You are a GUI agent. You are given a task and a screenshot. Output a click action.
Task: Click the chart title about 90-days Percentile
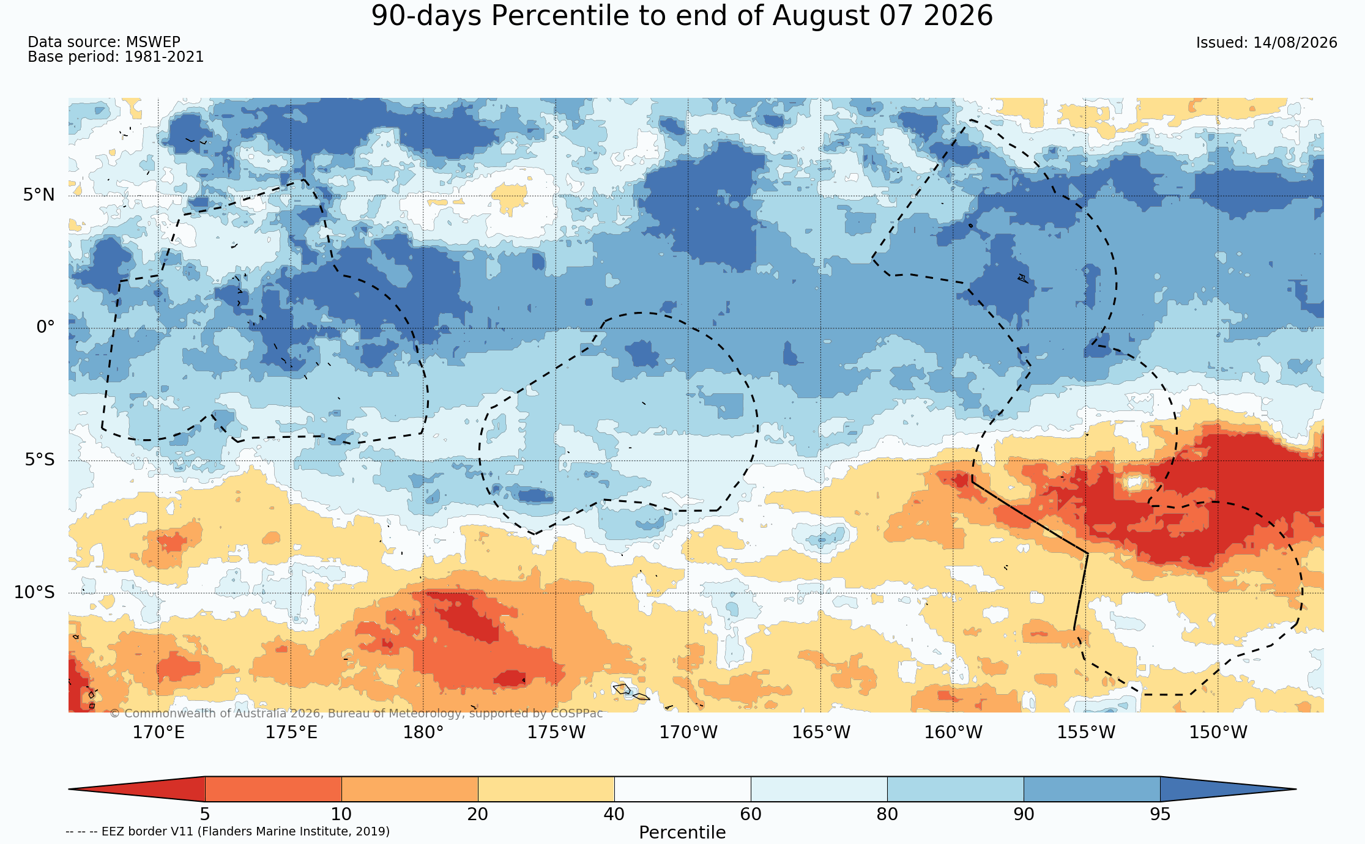click(682, 16)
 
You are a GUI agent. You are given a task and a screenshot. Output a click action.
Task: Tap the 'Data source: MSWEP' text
click(104, 42)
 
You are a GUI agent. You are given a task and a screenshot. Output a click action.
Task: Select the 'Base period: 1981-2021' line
click(116, 57)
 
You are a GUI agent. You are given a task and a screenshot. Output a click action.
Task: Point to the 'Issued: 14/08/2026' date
click(1266, 43)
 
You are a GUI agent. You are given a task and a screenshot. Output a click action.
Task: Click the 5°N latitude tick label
click(39, 195)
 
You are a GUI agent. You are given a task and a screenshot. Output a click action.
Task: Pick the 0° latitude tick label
click(46, 327)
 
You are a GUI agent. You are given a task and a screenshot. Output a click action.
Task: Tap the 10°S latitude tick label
click(34, 592)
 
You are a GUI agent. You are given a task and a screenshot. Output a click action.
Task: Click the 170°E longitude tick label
click(158, 732)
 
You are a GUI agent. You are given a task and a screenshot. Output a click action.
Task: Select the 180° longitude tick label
click(423, 732)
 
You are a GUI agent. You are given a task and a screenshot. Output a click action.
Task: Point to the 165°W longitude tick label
click(821, 732)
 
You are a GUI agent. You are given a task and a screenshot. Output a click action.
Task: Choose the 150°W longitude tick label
click(1218, 732)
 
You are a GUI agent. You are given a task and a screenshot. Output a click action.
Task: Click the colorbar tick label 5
click(205, 815)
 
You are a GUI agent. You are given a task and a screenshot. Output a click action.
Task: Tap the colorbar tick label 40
click(614, 815)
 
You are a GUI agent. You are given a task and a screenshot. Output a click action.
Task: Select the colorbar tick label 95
click(1160, 815)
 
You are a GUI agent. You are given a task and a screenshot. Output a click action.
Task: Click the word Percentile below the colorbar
click(682, 833)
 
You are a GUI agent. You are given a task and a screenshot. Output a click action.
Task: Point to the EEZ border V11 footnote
click(228, 831)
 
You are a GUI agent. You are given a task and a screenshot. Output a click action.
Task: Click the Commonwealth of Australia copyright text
click(356, 714)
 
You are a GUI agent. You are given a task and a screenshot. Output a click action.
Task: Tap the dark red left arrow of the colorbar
click(137, 789)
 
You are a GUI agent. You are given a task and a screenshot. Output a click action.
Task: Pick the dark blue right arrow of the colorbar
click(1228, 789)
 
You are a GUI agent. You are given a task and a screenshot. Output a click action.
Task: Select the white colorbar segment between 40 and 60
click(682, 789)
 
